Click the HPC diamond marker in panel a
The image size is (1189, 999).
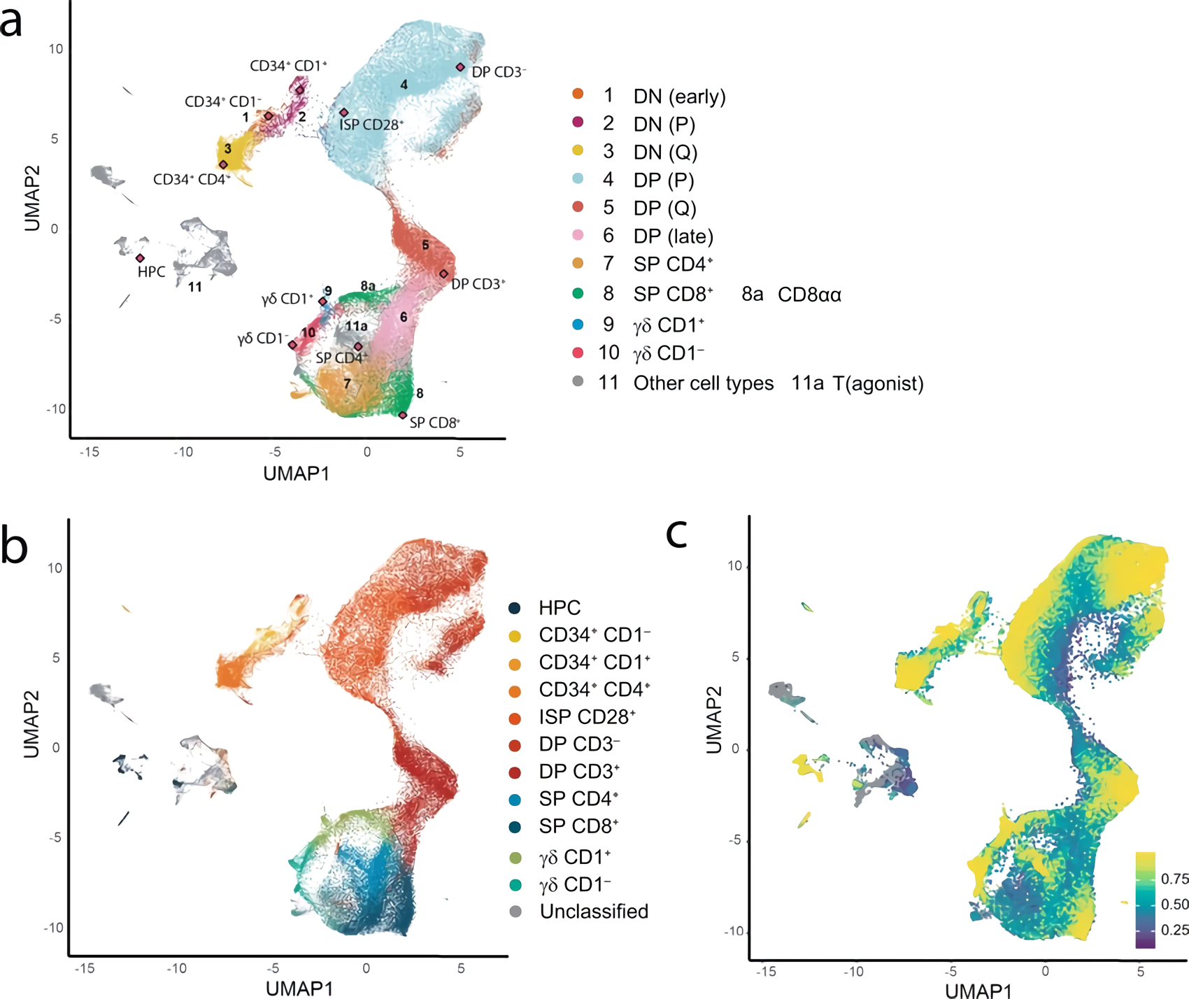point(141,258)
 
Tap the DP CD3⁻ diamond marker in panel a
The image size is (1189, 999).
point(460,67)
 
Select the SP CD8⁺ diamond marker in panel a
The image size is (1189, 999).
point(403,416)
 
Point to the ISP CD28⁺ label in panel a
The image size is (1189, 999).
point(371,125)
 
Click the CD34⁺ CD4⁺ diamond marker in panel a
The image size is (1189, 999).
point(223,164)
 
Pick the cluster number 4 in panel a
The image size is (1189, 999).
point(404,85)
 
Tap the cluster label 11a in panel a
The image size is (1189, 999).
point(356,326)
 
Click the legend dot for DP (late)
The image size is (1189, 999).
point(578,235)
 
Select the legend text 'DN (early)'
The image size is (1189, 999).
point(679,97)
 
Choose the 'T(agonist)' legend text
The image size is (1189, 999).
point(878,383)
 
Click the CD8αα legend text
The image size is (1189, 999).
point(809,295)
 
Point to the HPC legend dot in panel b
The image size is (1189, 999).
point(515,608)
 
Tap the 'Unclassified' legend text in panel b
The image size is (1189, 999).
point(594,912)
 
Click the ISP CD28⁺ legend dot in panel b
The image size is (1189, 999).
point(515,718)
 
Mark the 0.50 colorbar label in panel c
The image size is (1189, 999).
point(1174,905)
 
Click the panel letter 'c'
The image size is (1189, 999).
point(676,533)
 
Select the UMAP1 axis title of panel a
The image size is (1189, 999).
point(296,474)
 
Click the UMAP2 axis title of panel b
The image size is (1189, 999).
point(31,725)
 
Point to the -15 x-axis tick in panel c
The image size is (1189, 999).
point(766,971)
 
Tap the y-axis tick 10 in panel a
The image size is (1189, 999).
point(56,49)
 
